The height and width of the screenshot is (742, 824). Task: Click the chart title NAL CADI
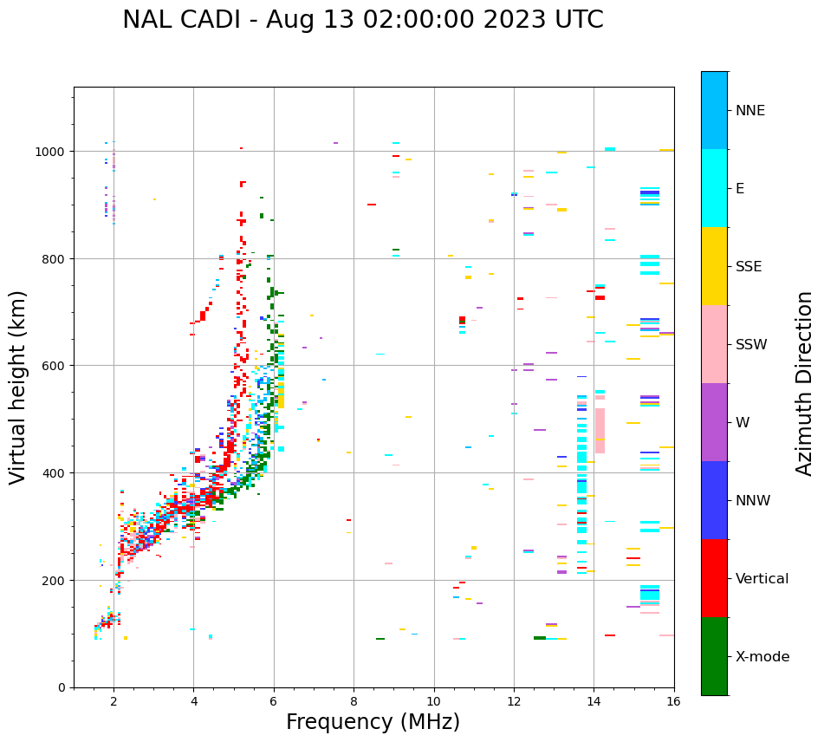point(362,20)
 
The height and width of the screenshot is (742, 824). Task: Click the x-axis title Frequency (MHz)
point(373,722)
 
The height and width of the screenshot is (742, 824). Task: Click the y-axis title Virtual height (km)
point(18,387)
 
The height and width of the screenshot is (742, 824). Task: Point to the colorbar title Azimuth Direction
point(805,383)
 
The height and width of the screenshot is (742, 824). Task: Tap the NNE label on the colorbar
point(750,110)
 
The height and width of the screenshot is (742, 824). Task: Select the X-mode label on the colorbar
point(762,656)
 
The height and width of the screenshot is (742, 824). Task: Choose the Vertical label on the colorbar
point(762,578)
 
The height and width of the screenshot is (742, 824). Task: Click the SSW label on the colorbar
point(751,344)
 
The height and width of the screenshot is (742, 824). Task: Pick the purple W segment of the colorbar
point(714,422)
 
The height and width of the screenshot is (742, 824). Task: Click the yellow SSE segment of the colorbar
point(714,266)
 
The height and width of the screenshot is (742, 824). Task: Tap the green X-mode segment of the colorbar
point(714,656)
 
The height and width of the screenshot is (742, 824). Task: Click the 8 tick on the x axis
point(354,702)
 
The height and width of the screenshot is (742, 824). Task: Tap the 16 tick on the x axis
point(673,702)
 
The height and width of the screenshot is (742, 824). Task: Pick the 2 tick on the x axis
point(114,702)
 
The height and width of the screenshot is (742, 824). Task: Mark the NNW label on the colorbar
point(754,500)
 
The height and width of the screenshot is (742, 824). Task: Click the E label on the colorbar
point(741,188)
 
